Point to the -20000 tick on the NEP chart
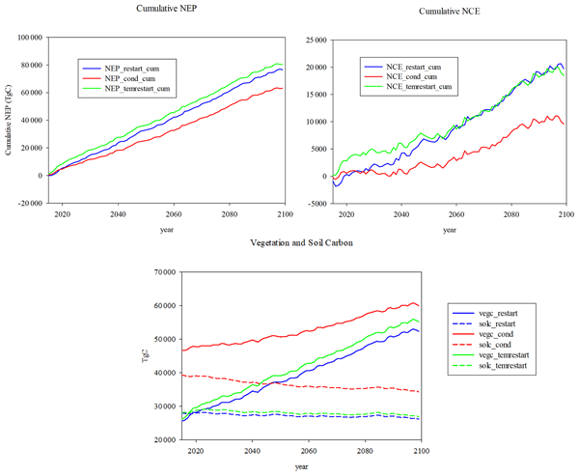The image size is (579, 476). pos(30,205)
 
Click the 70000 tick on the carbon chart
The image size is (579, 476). pos(179,272)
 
